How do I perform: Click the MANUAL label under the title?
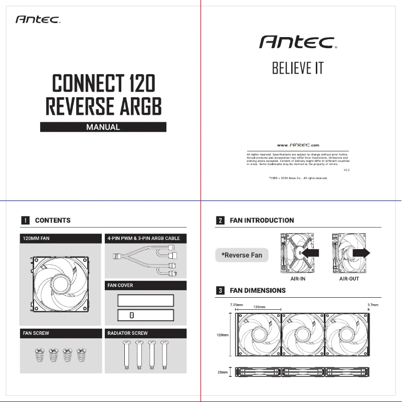click(x=103, y=127)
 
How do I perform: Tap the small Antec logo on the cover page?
click(x=38, y=20)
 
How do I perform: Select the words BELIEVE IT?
click(x=298, y=68)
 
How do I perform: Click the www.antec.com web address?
click(x=298, y=145)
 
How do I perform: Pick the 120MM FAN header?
click(x=36, y=238)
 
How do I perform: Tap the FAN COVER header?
click(x=120, y=285)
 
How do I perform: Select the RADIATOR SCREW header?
click(x=128, y=333)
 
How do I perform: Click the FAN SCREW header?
click(x=35, y=333)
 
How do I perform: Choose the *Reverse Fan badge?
click(x=242, y=255)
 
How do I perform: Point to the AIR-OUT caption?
click(x=349, y=279)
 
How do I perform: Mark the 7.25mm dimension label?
click(x=236, y=304)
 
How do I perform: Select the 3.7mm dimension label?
click(x=372, y=304)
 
